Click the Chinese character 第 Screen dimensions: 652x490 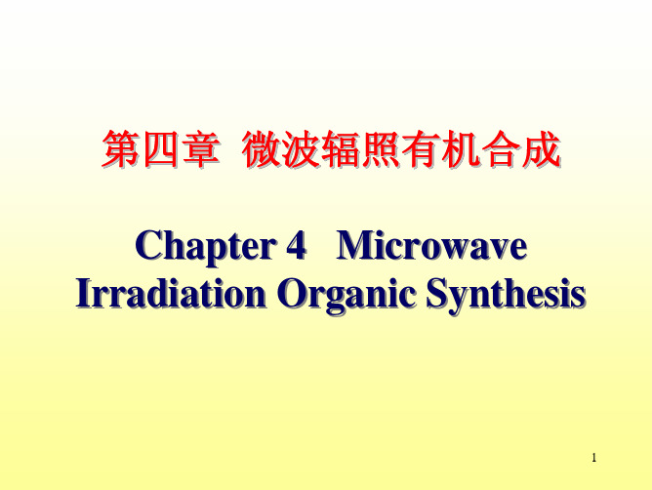(120, 149)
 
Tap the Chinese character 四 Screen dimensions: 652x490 (160, 149)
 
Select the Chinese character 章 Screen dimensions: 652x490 (200, 149)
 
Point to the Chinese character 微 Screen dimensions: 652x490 (261, 149)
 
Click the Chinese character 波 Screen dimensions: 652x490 (301, 149)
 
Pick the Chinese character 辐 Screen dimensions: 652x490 (340, 149)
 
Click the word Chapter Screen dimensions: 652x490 (206, 246)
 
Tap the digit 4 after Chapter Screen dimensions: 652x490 (296, 245)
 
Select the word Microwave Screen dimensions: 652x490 (431, 245)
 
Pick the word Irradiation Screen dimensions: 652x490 (171, 293)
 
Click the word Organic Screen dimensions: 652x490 (346, 295)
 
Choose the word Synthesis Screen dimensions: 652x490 (506, 295)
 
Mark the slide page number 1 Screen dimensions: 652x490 (593, 458)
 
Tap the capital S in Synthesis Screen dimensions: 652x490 (436, 293)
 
